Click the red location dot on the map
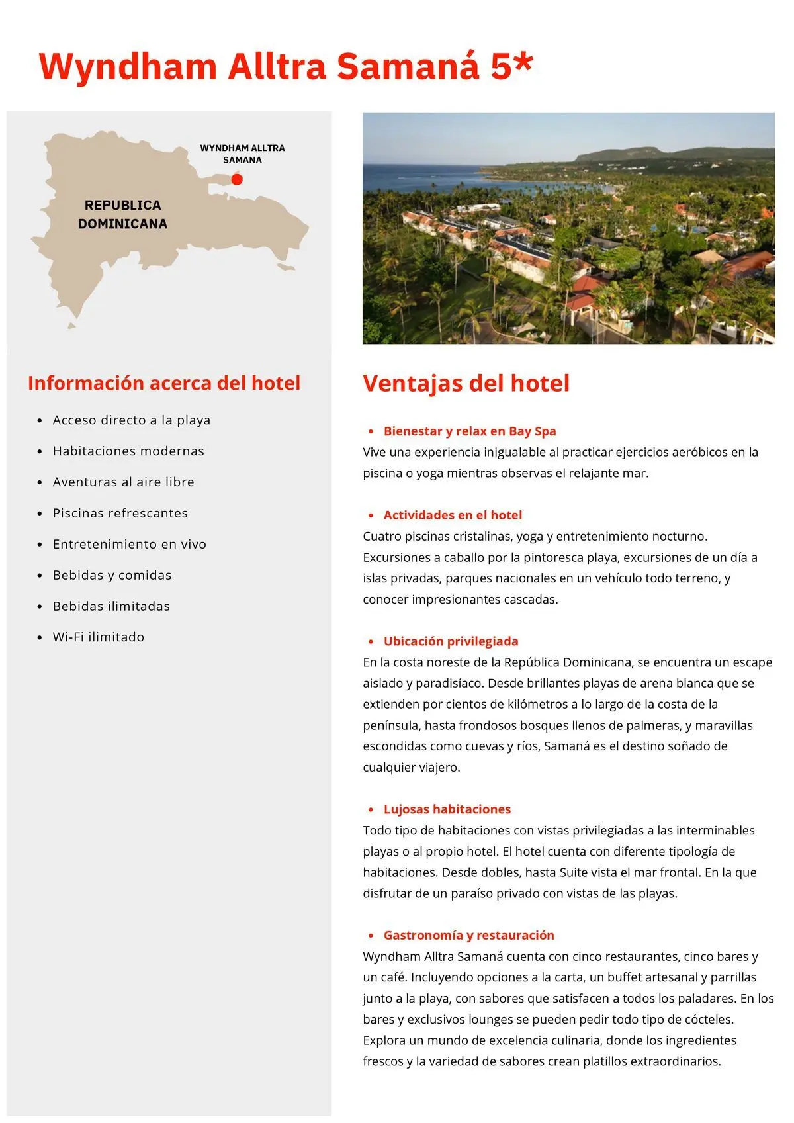pyautogui.click(x=237, y=179)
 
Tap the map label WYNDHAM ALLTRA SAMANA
pyautogui.click(x=242, y=154)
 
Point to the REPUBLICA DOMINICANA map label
pyautogui.click(x=122, y=214)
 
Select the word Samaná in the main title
pyautogui.click(x=408, y=67)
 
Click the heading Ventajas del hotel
pyautogui.click(x=466, y=383)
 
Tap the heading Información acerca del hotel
pyautogui.click(x=164, y=382)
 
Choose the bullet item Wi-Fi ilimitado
pyautogui.click(x=99, y=637)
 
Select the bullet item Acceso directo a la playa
pyautogui.click(x=132, y=420)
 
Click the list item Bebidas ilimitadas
pyautogui.click(x=111, y=606)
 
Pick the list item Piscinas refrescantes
pyautogui.click(x=120, y=513)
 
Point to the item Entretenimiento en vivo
pyautogui.click(x=130, y=544)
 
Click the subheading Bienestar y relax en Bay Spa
pyautogui.click(x=470, y=431)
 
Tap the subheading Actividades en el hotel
pyautogui.click(x=453, y=515)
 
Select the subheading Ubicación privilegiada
pyautogui.click(x=451, y=641)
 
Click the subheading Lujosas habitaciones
pyautogui.click(x=447, y=809)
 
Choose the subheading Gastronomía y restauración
pyautogui.click(x=468, y=935)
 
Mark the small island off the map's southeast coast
pyautogui.click(x=286, y=267)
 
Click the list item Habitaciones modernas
pyautogui.click(x=128, y=451)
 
